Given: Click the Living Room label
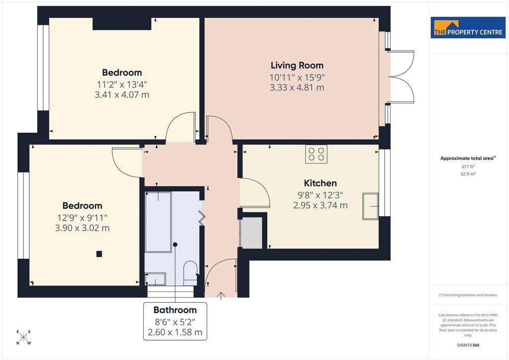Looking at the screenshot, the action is pyautogui.click(x=297, y=65).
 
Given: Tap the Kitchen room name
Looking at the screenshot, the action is pyautogui.click(x=320, y=183).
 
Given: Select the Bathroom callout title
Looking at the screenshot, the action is pyautogui.click(x=175, y=310).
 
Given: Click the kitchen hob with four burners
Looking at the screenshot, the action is pyautogui.click(x=316, y=154).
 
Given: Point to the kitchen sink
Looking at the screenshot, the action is pyautogui.click(x=370, y=206).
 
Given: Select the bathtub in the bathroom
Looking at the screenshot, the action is pyautogui.click(x=158, y=222).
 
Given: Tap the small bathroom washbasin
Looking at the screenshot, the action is pyautogui.click(x=155, y=279).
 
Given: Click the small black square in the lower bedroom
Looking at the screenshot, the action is pyautogui.click(x=99, y=254).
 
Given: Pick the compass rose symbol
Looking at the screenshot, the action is pyautogui.click(x=23, y=337).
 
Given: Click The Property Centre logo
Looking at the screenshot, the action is pyautogui.click(x=468, y=28).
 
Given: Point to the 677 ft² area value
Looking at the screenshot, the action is pyautogui.click(x=468, y=167).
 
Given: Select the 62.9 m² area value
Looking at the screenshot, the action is pyautogui.click(x=468, y=174).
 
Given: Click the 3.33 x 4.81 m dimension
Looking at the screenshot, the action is pyautogui.click(x=297, y=88).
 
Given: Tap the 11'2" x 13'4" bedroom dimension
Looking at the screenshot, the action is pyautogui.click(x=122, y=85).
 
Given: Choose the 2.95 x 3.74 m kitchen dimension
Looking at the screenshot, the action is pyautogui.click(x=321, y=205).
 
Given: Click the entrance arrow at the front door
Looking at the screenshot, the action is pyautogui.click(x=221, y=296).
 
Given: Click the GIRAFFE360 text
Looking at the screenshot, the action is pyautogui.click(x=468, y=345).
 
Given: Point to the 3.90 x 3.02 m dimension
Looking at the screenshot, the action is pyautogui.click(x=82, y=228).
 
